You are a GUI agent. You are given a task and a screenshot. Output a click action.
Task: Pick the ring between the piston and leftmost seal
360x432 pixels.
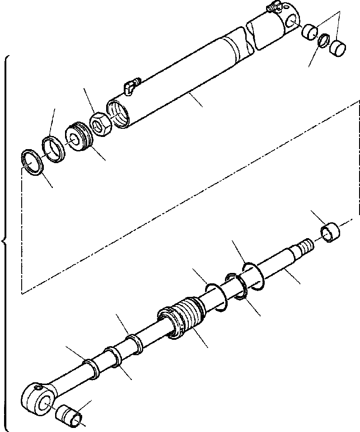point(53,149)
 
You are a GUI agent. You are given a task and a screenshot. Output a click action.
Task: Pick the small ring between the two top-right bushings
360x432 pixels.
point(323,40)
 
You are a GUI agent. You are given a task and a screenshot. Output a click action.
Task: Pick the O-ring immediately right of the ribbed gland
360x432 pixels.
point(216,297)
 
